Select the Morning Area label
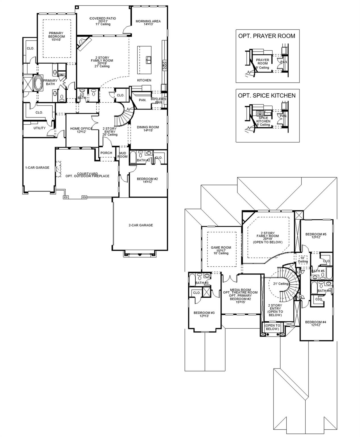(148, 23)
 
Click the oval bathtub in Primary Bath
(38, 83)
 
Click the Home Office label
(81, 130)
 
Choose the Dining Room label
(148, 129)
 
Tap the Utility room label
(40, 128)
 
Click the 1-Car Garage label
(37, 168)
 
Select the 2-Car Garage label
(140, 225)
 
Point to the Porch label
(106, 153)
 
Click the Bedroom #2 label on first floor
(147, 180)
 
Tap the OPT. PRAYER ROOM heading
(266, 36)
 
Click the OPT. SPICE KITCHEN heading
(267, 96)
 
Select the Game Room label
(221, 250)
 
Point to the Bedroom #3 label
(204, 314)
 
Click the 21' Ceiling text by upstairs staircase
(281, 284)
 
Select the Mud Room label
(123, 155)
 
